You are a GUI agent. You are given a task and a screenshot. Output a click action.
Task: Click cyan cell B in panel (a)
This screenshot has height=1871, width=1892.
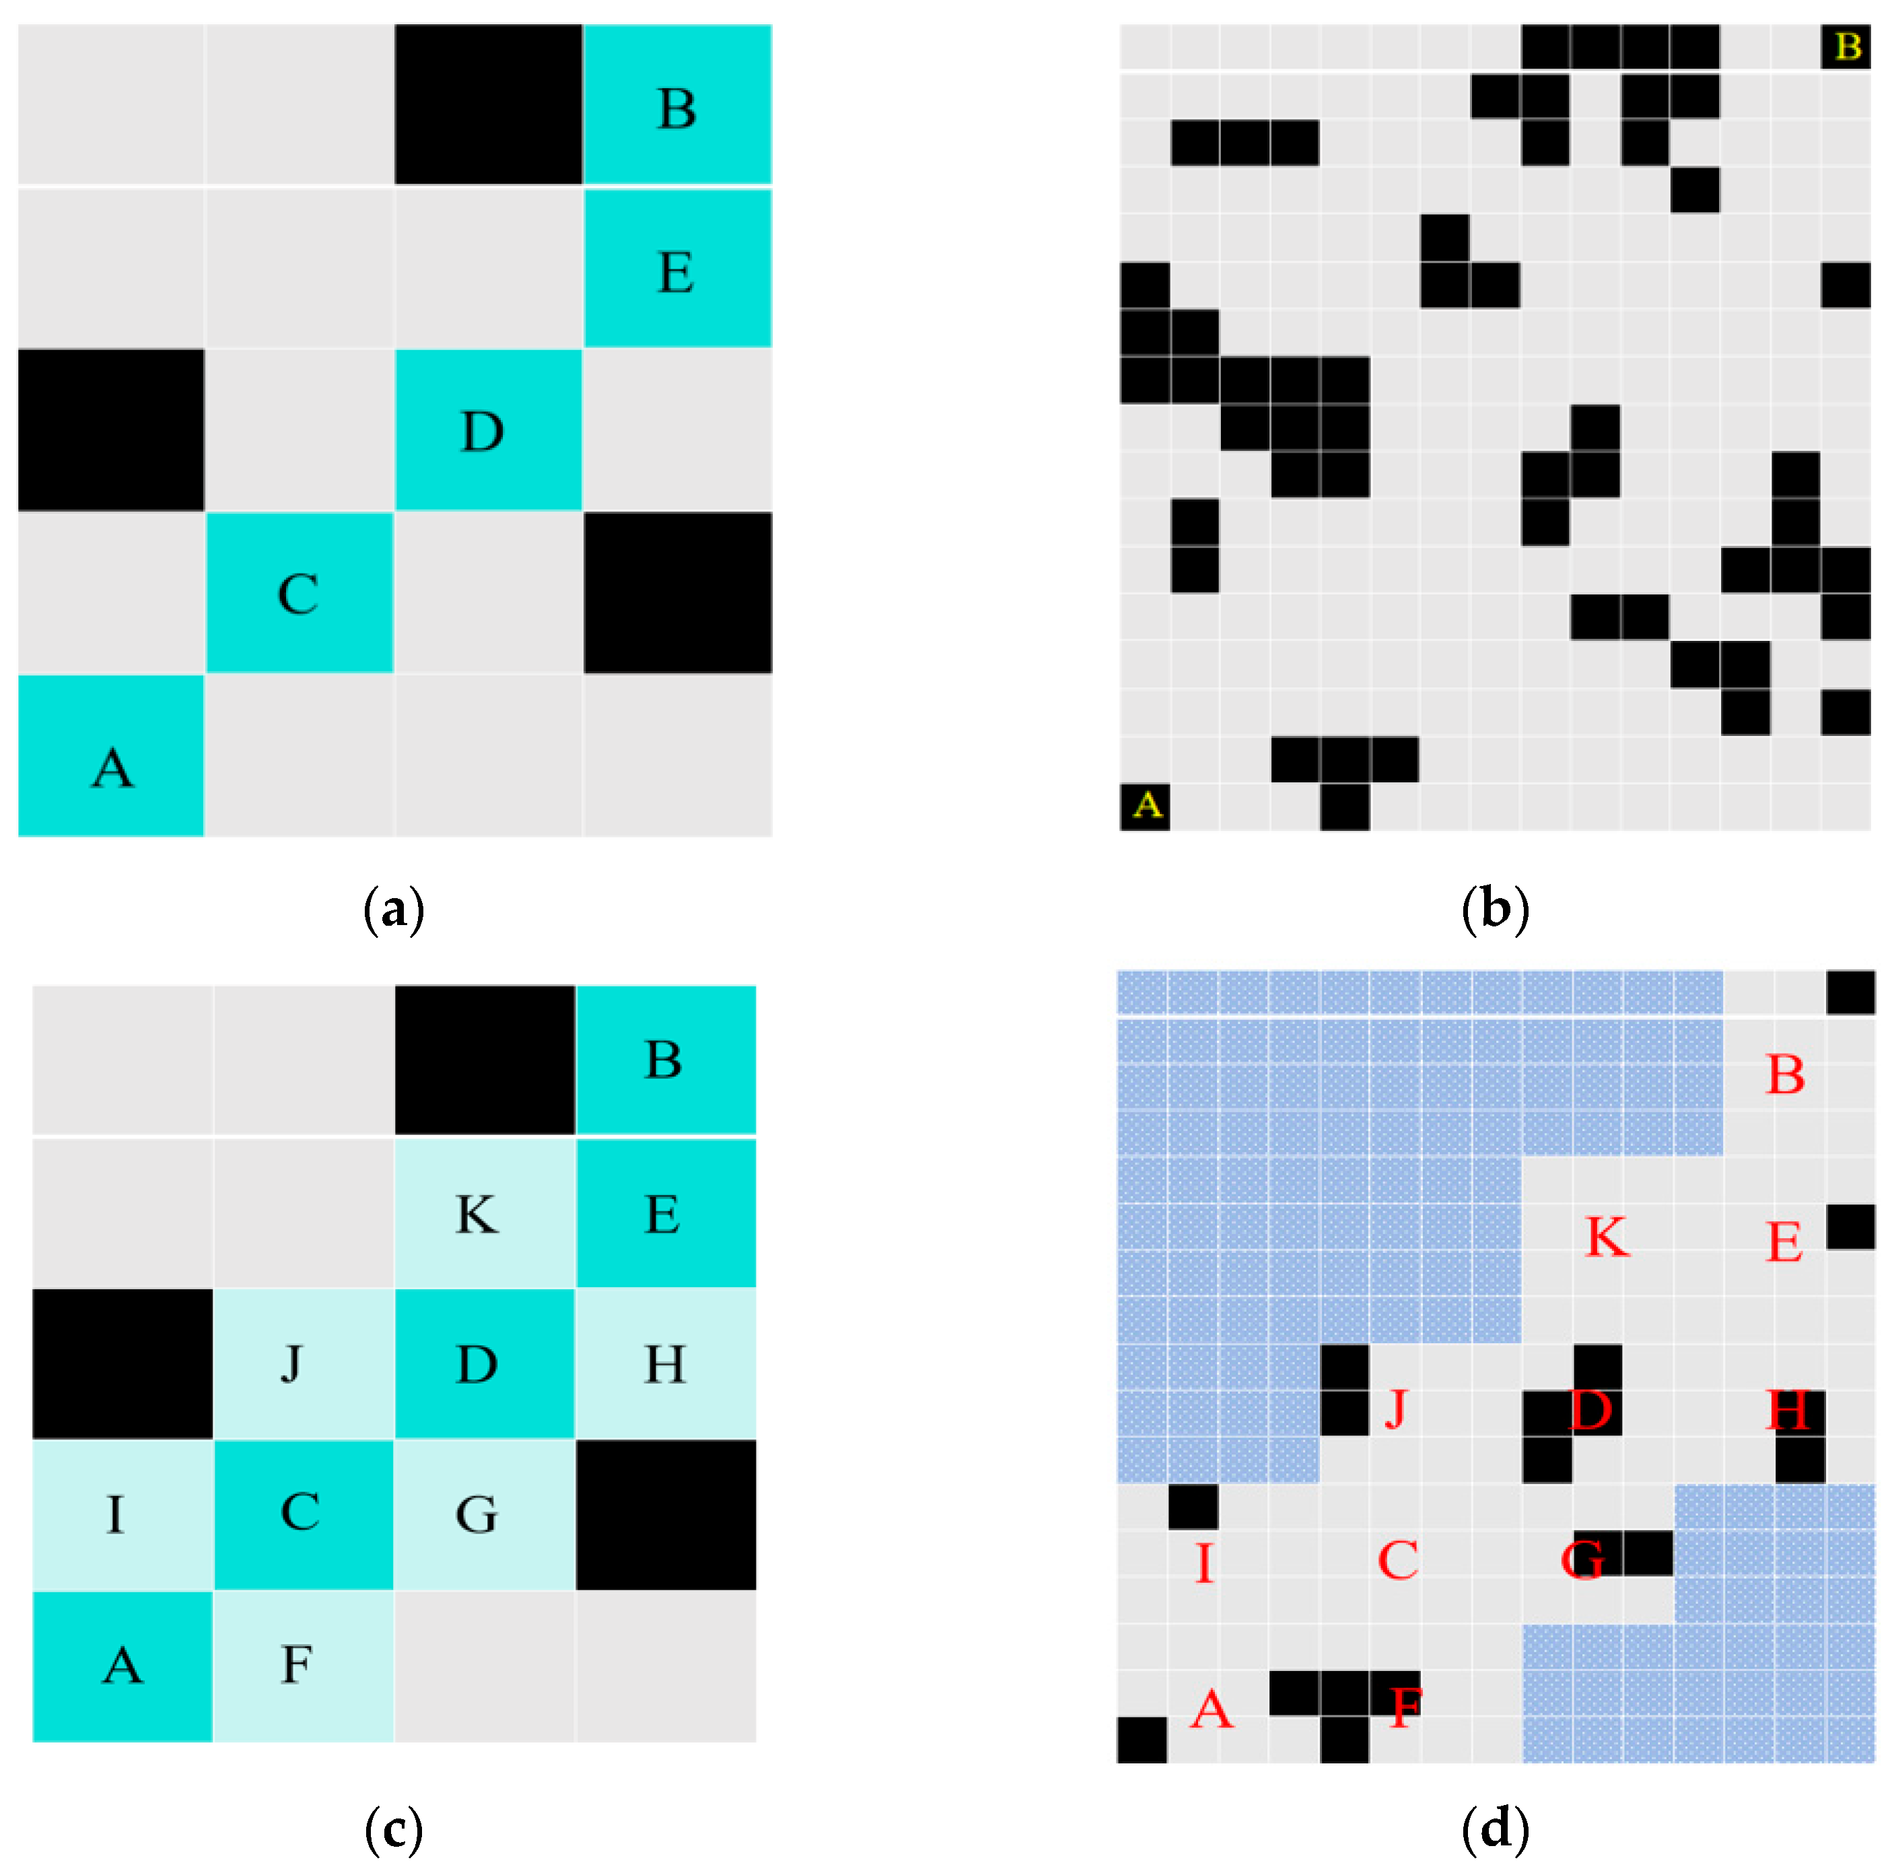(x=676, y=105)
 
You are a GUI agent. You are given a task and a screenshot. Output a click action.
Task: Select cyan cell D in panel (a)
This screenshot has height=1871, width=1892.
(x=488, y=430)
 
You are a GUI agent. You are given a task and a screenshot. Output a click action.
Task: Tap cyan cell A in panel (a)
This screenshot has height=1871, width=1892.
(x=110, y=755)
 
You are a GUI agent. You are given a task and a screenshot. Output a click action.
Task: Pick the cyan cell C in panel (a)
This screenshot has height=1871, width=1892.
(x=299, y=592)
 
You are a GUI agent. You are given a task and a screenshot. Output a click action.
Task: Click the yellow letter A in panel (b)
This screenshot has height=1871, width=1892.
(x=1146, y=805)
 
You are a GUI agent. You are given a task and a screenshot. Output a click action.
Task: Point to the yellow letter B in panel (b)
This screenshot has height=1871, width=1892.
(x=1847, y=46)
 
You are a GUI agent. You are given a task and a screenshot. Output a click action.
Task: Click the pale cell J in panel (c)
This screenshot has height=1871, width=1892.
(x=303, y=1363)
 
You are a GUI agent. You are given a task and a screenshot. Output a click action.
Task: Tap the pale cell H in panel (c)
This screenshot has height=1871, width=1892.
(x=666, y=1363)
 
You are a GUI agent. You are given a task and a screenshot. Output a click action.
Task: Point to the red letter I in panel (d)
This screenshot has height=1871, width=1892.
(x=1205, y=1563)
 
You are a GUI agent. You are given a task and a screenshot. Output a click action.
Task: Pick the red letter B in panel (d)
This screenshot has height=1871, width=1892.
(x=1785, y=1075)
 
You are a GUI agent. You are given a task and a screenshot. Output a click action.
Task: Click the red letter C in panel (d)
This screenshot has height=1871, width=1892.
(x=1397, y=1561)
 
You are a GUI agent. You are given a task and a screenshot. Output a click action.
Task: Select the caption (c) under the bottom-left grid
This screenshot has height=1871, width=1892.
(x=394, y=1828)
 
